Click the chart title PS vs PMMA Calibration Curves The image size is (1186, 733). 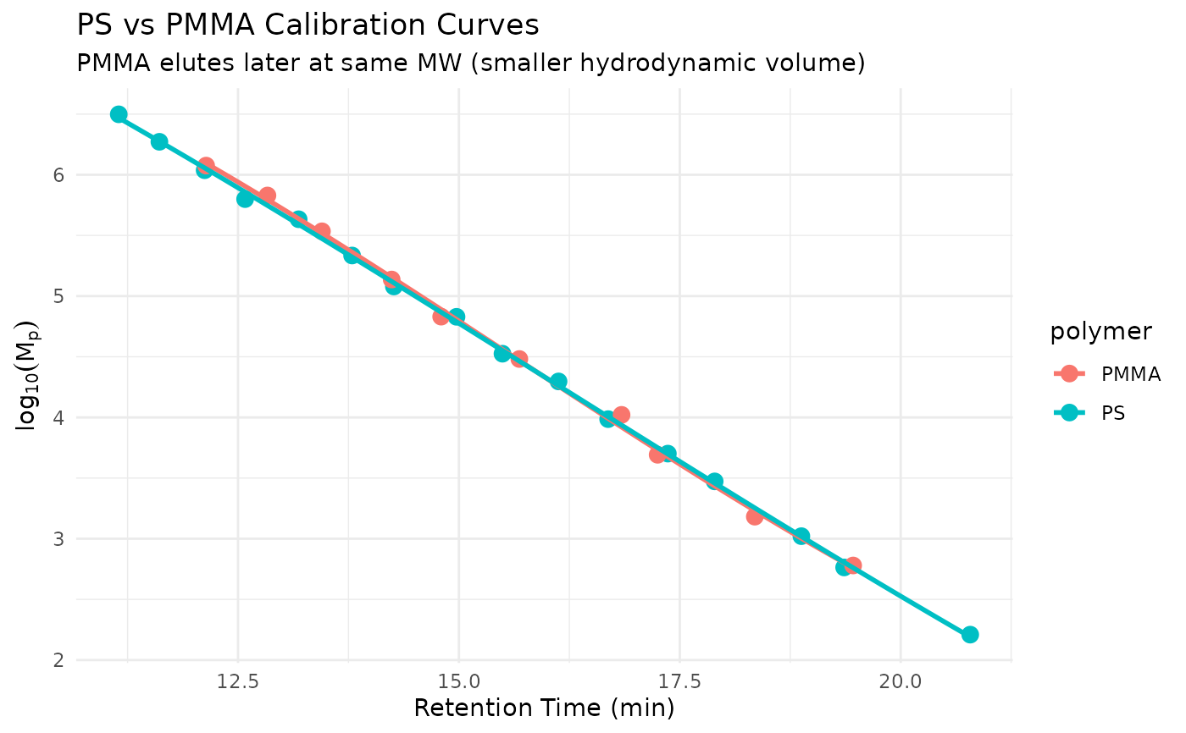(308, 25)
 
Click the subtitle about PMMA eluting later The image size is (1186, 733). (470, 63)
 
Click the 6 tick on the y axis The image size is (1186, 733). (59, 175)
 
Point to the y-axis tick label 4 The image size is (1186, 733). (59, 418)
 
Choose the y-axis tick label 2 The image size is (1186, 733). (59, 660)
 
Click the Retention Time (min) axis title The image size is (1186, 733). (544, 708)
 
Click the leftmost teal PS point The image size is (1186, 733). (119, 114)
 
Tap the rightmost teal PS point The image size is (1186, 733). (970, 635)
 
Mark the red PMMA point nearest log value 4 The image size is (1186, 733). (621, 415)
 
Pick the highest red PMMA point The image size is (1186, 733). (206, 166)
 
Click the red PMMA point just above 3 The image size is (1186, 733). (755, 516)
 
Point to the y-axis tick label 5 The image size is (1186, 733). (59, 296)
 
